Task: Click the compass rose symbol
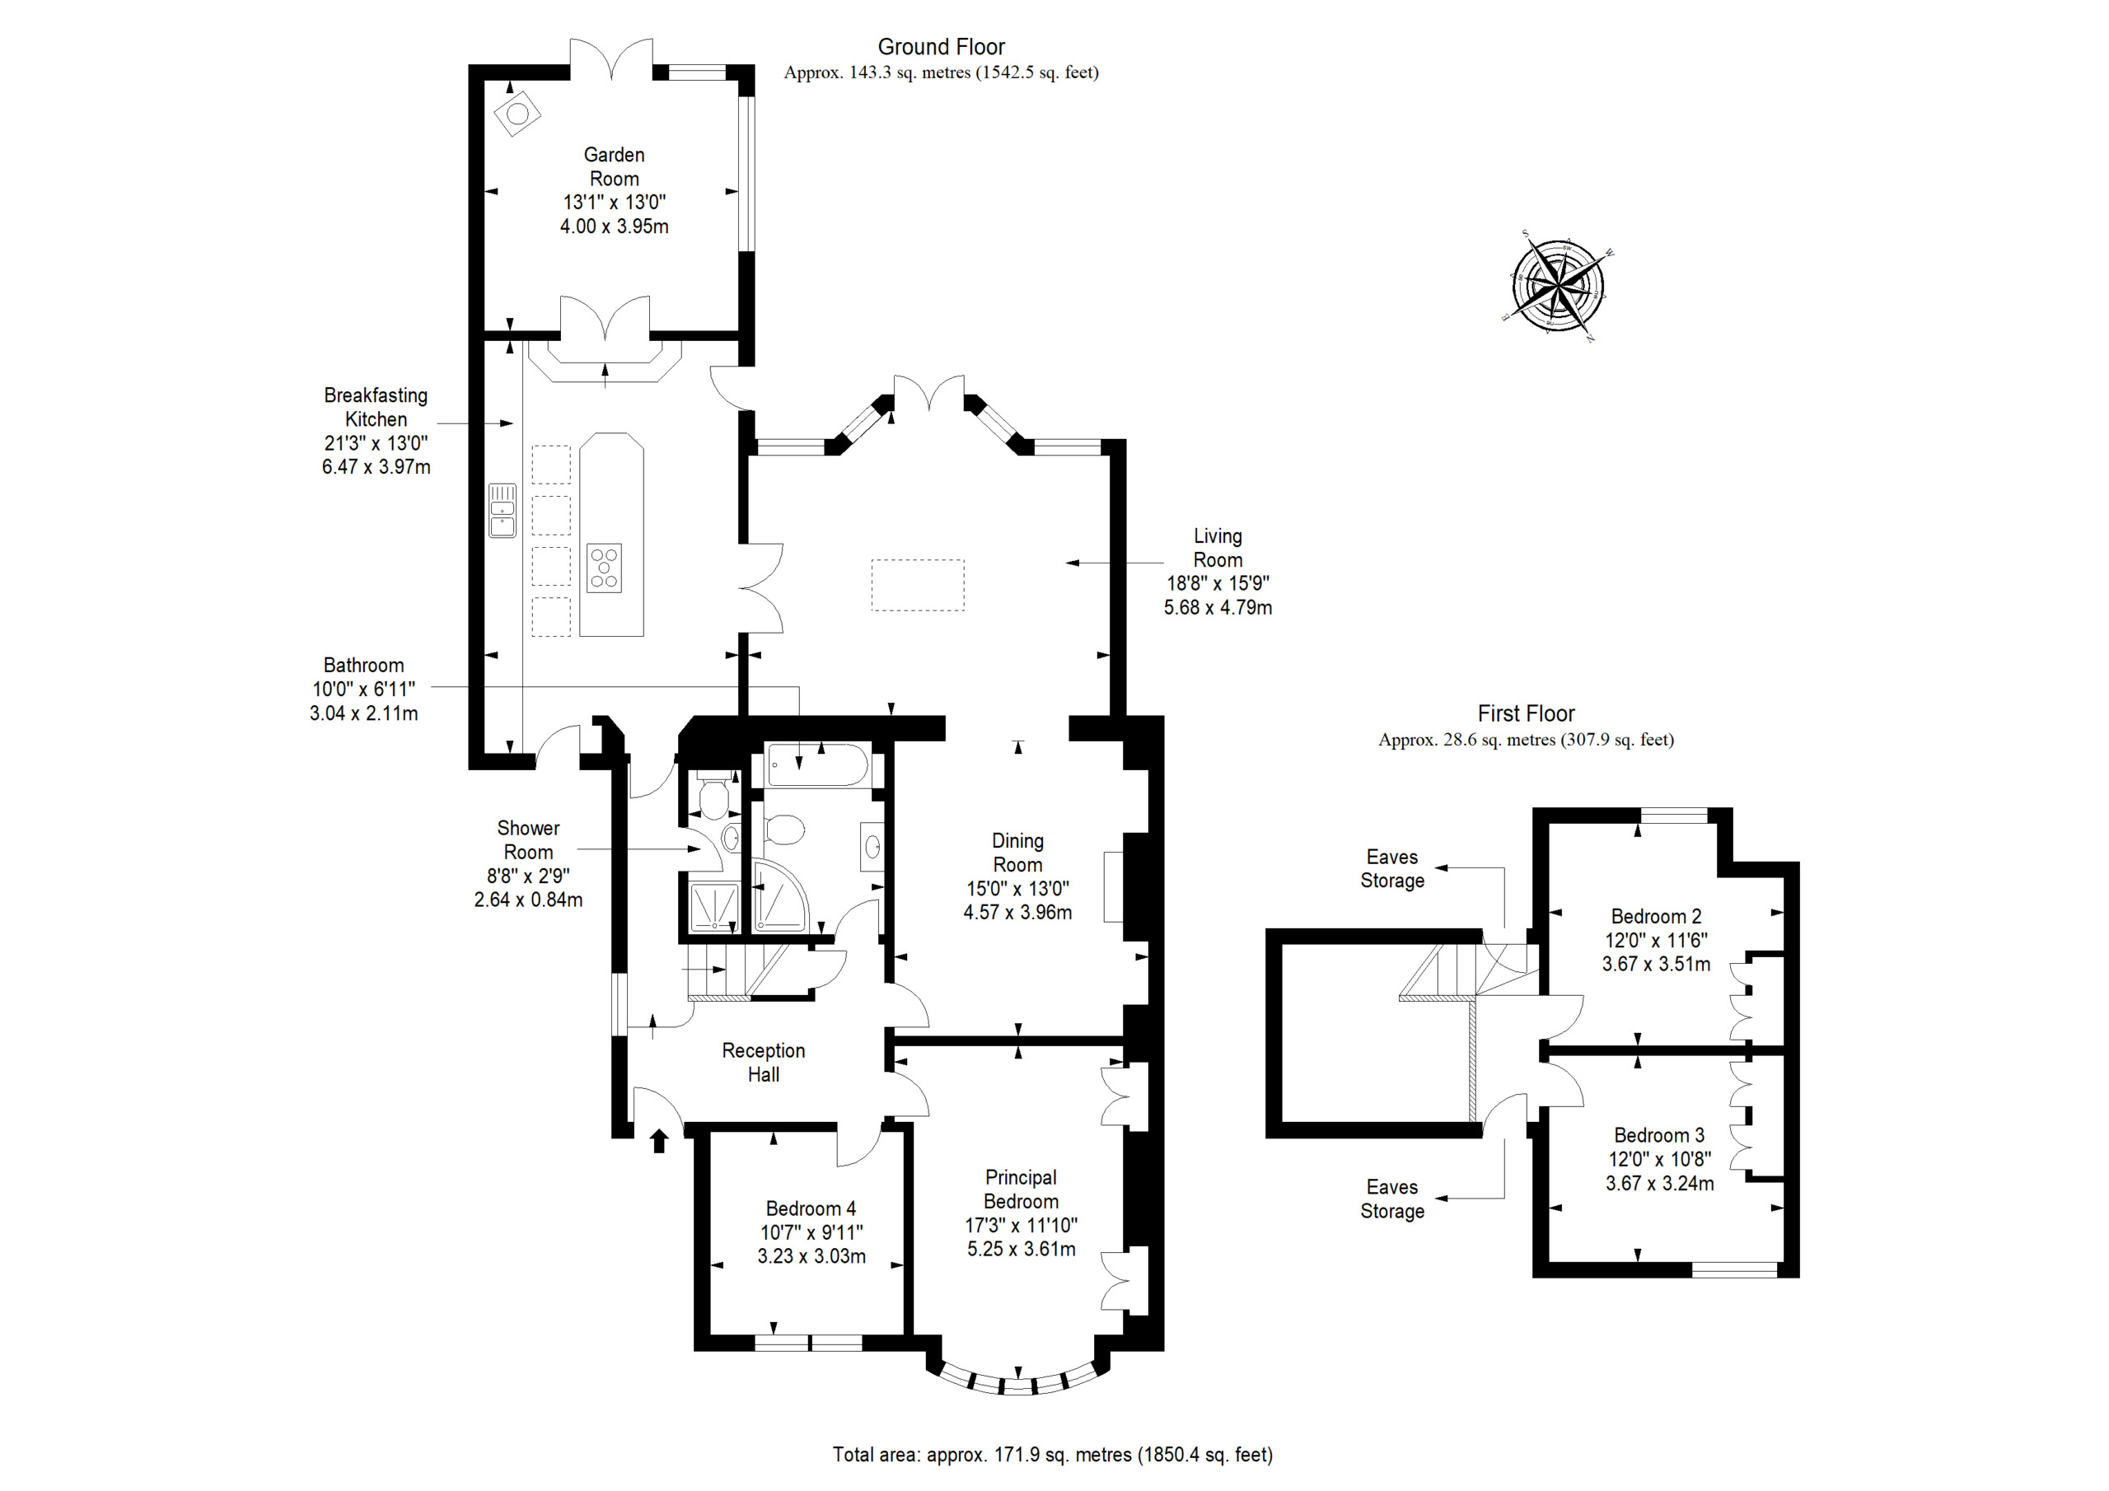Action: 1559,286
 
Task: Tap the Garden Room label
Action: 614,166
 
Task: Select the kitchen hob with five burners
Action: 605,568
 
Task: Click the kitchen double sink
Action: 502,511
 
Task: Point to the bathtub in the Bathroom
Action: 817,765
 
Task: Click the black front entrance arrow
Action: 658,1140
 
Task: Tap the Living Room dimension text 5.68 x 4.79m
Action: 1218,607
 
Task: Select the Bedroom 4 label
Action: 811,1208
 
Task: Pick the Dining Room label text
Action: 1017,853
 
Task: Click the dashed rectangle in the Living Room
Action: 918,585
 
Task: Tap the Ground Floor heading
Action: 942,47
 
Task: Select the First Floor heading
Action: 1526,714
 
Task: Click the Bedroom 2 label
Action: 1656,916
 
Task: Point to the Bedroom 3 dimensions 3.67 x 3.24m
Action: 1660,1183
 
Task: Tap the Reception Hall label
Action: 764,1062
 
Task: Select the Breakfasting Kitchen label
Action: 376,407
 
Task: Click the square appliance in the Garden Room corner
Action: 517,114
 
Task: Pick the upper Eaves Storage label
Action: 1392,868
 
